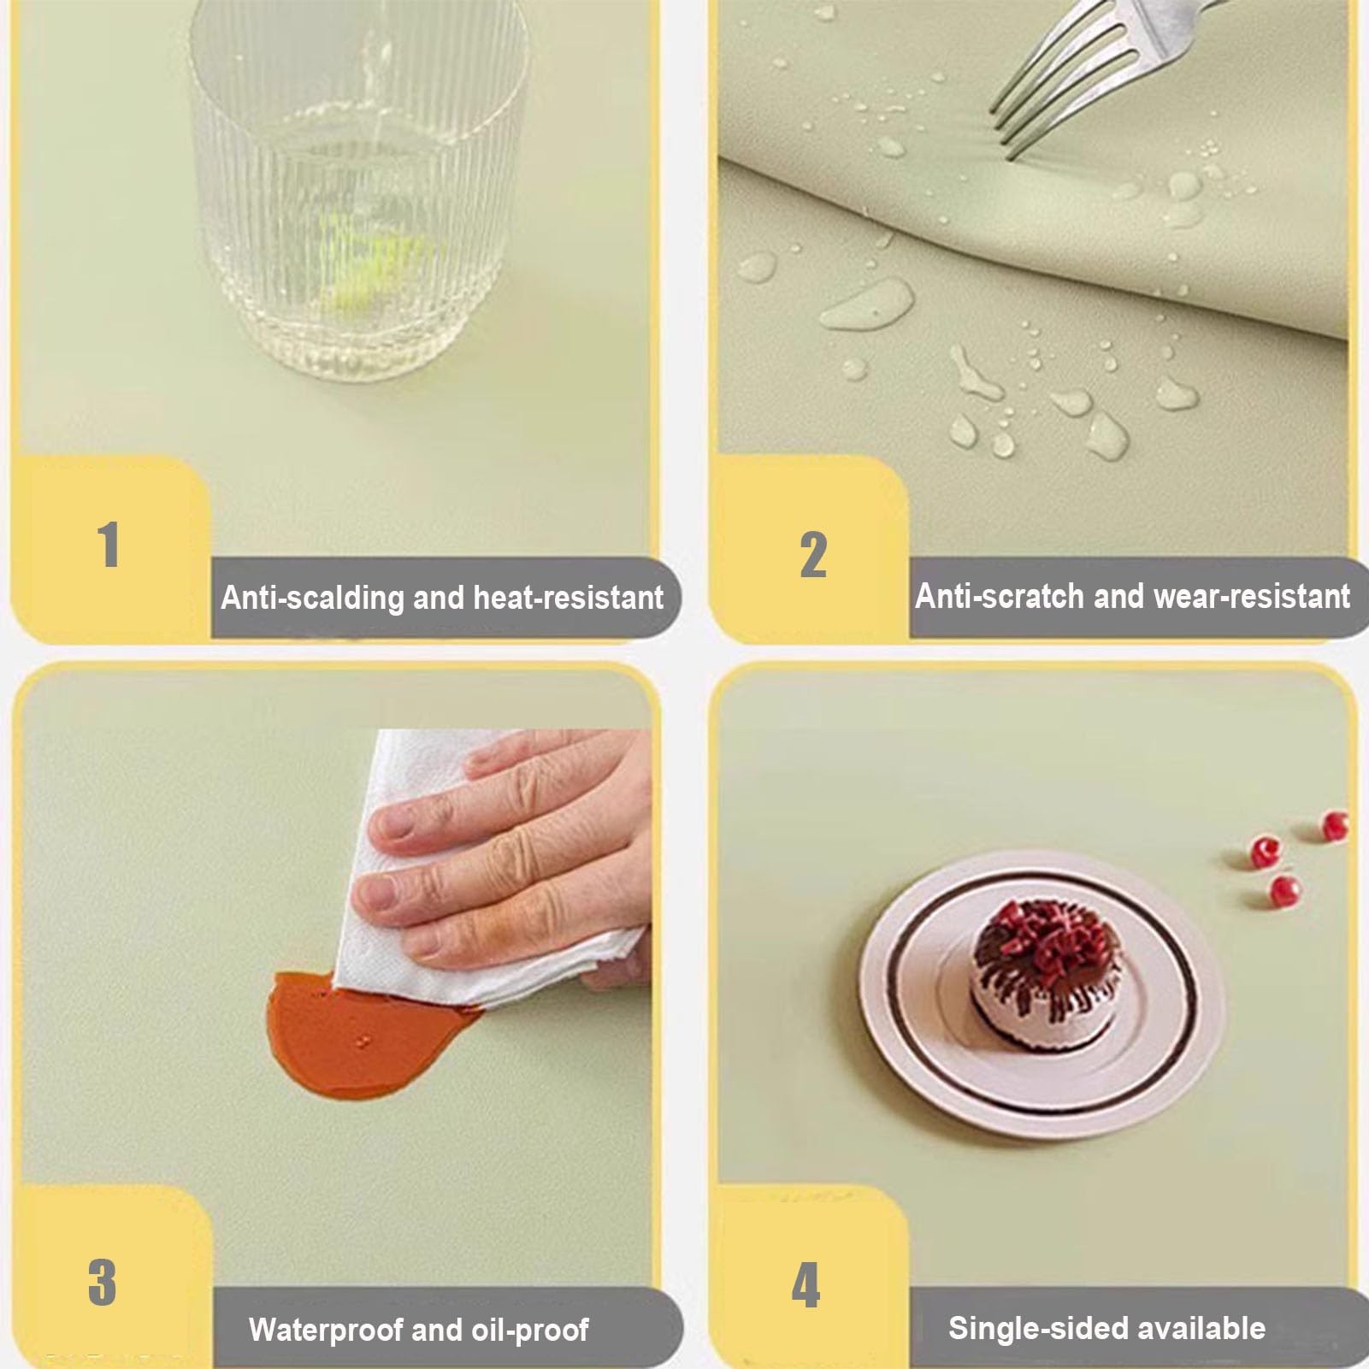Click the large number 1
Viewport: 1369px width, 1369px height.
tap(109, 545)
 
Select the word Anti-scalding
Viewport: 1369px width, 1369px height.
tap(312, 596)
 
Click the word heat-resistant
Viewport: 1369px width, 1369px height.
tap(568, 597)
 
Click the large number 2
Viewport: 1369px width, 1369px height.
tap(813, 554)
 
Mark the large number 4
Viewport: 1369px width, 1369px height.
tap(805, 1284)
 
